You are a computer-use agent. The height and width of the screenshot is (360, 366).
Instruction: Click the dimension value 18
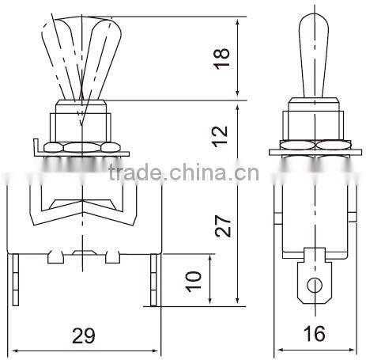tap(225, 59)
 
